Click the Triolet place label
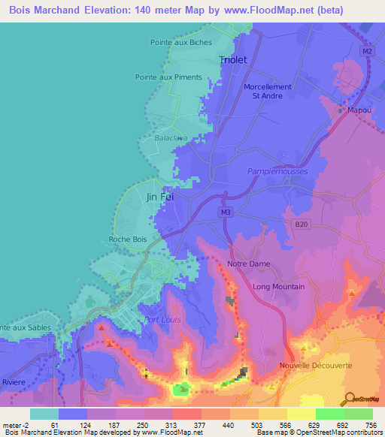pos(232,59)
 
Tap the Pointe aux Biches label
pos(181,43)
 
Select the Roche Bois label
pos(128,240)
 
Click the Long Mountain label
pos(278,287)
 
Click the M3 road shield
pos(226,212)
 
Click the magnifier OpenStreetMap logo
pos(350,398)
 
